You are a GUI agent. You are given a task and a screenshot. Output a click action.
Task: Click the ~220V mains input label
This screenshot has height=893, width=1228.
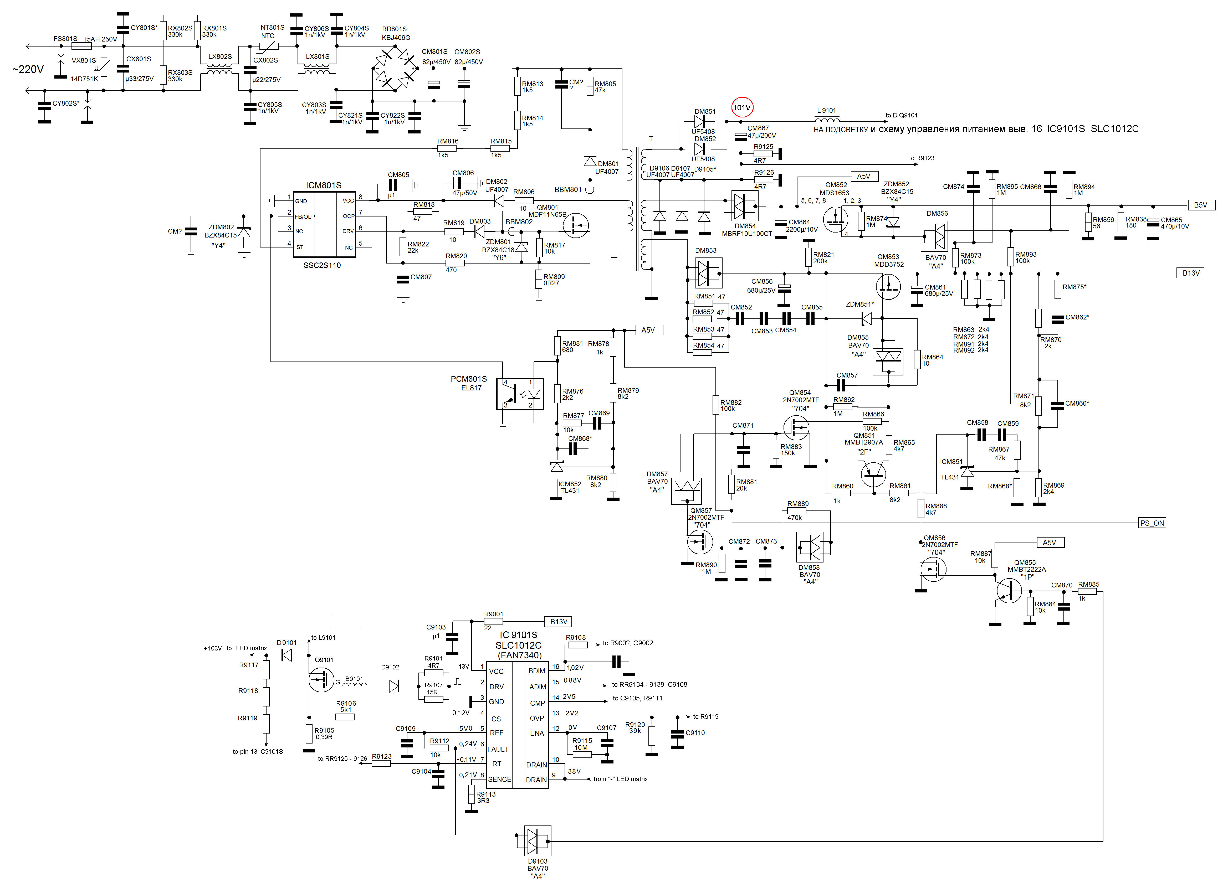coord(28,69)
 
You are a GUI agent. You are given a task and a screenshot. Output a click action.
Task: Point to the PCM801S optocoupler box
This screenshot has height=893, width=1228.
coord(520,394)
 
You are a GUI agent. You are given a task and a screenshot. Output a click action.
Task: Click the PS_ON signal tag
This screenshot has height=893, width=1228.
coord(1152,523)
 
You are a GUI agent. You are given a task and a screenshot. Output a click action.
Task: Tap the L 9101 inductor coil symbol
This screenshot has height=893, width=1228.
coord(827,119)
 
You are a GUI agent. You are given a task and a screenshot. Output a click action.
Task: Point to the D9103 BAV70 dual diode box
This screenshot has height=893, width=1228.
coord(538,841)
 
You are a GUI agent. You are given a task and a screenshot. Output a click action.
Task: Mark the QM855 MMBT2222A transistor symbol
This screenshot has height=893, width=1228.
coord(1008,591)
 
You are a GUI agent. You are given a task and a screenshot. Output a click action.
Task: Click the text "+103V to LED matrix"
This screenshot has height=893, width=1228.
coord(235,648)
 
